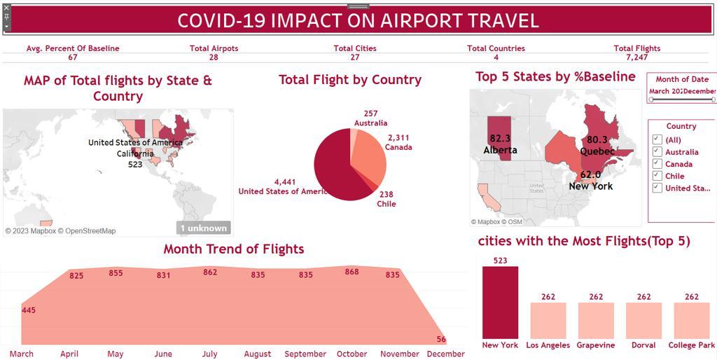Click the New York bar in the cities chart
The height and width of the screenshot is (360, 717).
(500, 303)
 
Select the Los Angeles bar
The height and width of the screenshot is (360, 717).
(548, 321)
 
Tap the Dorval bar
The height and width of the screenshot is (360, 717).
(643, 321)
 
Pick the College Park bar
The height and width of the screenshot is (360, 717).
(691, 321)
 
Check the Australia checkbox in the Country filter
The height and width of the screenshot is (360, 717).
(657, 152)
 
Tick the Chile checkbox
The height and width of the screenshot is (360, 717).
(657, 176)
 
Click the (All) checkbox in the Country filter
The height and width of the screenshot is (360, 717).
(657, 140)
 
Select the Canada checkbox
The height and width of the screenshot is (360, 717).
(657, 164)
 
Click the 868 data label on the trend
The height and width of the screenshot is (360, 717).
(351, 272)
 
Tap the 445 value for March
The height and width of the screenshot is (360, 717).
(29, 310)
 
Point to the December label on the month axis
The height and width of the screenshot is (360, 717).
(445, 354)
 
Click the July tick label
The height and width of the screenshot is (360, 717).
(209, 354)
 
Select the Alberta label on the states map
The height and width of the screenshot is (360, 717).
(500, 150)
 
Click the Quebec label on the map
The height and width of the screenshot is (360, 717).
(597, 151)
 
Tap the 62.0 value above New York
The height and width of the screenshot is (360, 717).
(590, 175)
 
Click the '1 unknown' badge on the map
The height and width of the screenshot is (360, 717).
(203, 228)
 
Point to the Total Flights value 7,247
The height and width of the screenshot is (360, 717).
(636, 57)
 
